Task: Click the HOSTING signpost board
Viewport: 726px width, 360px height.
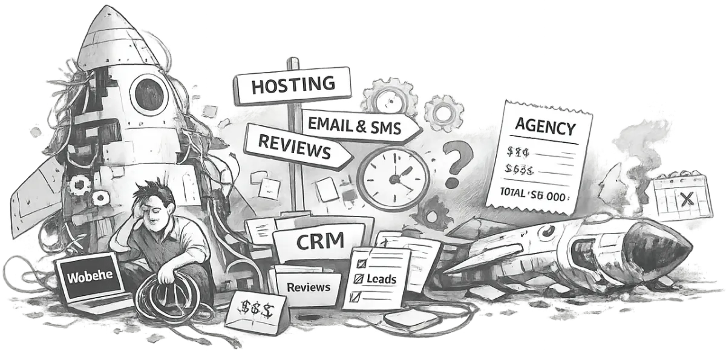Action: click(x=292, y=85)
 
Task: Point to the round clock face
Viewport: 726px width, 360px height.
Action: click(x=393, y=177)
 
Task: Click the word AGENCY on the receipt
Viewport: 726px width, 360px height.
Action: click(x=544, y=128)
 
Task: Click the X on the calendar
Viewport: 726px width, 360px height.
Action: click(x=685, y=199)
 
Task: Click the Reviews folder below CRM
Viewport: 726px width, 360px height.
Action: click(x=309, y=286)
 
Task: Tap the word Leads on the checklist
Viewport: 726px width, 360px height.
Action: click(x=382, y=279)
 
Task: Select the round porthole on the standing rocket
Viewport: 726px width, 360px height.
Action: click(x=149, y=93)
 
